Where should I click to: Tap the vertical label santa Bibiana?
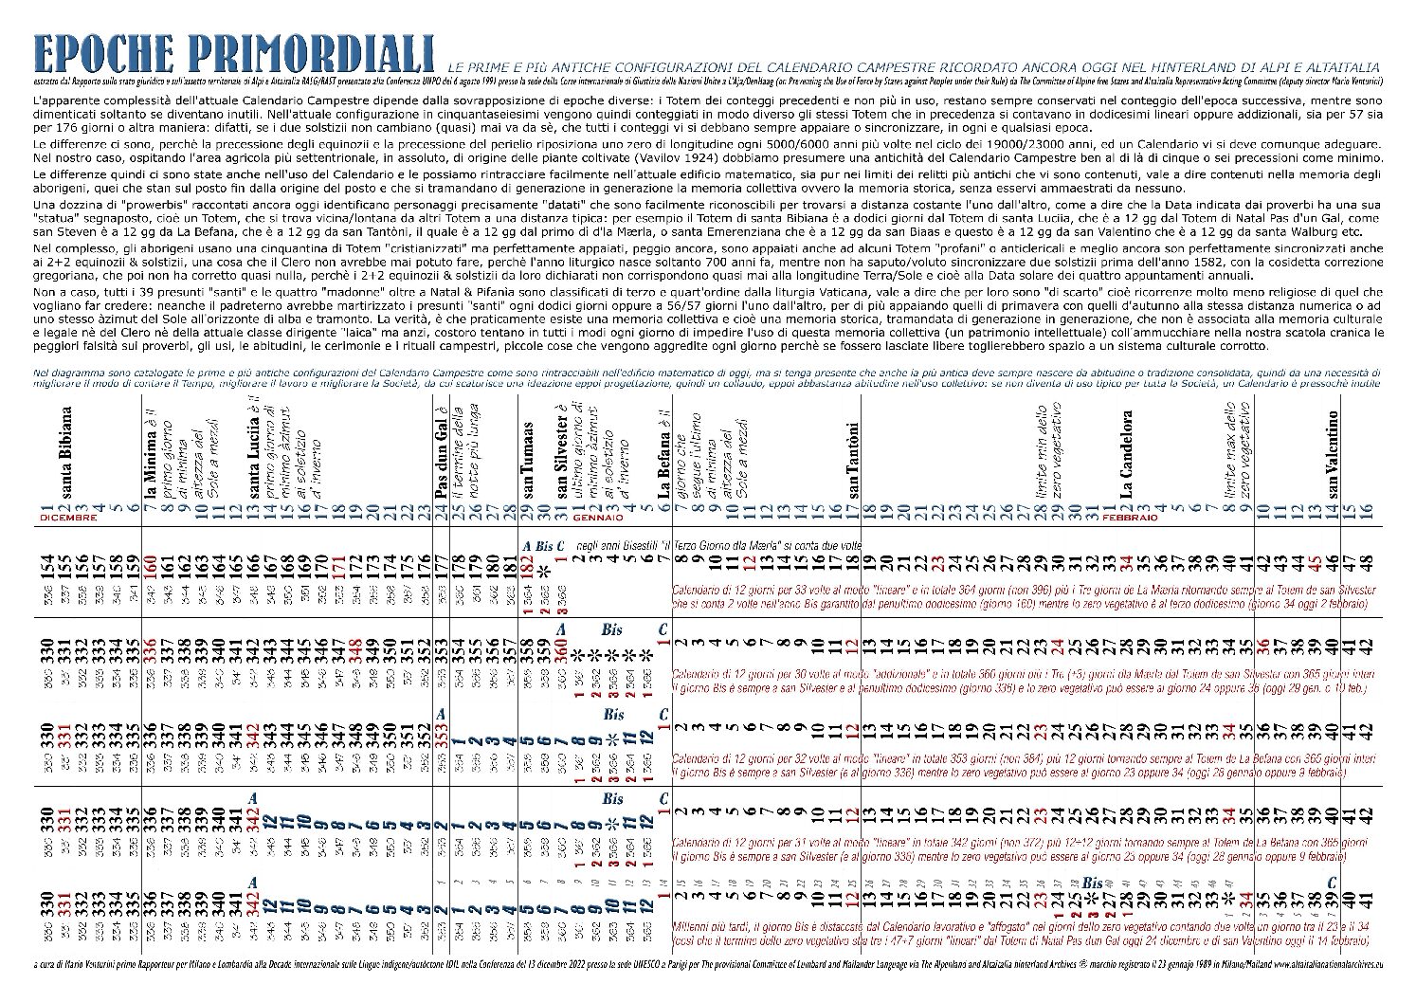click(66, 451)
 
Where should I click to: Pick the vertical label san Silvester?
click(561, 459)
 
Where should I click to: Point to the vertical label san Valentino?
click(1333, 454)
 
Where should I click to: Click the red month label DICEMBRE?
click(68, 519)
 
